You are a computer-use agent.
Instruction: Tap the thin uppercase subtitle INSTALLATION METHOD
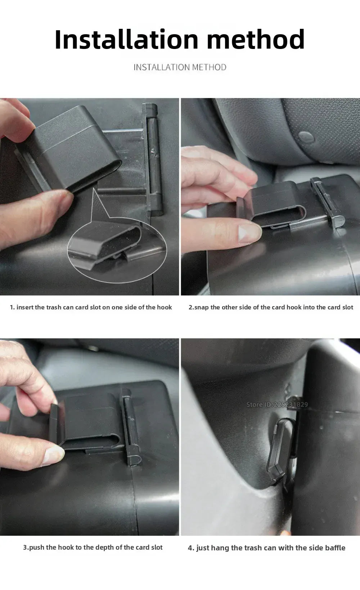[x=180, y=67]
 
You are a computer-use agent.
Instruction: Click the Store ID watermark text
[x=277, y=404]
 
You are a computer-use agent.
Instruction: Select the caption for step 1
[x=91, y=307]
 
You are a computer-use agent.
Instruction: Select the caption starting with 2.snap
[x=271, y=307]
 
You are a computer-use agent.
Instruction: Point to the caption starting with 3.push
[x=93, y=547]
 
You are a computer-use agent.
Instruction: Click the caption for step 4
[x=266, y=548]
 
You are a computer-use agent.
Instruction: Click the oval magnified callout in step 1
[x=117, y=250]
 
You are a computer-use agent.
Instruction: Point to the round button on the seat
[x=306, y=137]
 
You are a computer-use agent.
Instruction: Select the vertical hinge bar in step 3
[x=131, y=427]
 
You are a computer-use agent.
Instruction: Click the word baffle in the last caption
[x=335, y=547]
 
